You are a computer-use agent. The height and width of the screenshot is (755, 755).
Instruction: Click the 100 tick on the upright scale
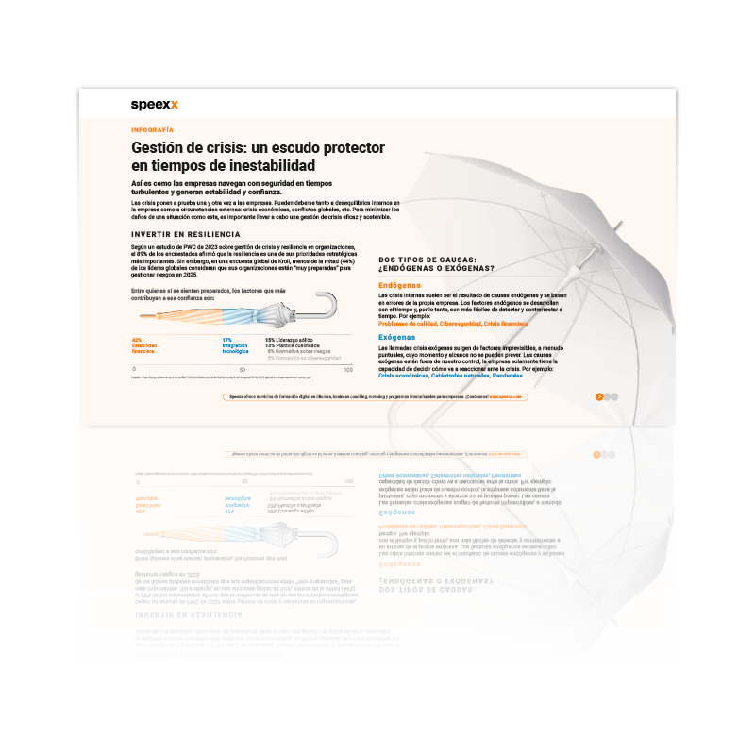point(348,369)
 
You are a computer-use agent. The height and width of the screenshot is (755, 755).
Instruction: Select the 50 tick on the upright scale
point(243,369)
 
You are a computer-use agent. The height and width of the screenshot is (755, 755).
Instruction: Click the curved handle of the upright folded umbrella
point(325,306)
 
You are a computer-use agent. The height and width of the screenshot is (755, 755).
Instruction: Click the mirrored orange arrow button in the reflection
point(596,454)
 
